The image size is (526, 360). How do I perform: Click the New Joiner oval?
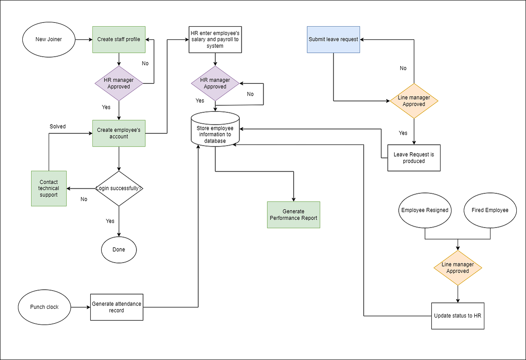tap(49, 39)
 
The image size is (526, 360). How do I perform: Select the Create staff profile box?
tap(119, 39)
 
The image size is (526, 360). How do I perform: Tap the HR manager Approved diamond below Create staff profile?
tap(119, 83)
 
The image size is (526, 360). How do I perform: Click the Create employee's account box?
tap(119, 133)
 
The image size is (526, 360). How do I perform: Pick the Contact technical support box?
tap(49, 189)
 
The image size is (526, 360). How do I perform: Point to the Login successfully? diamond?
tap(119, 189)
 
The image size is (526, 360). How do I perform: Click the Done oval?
tap(119, 250)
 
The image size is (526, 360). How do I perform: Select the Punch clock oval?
tap(44, 307)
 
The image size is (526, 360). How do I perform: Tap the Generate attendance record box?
tap(117, 307)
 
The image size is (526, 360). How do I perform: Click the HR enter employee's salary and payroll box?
tap(215, 39)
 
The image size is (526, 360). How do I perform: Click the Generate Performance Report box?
tap(294, 215)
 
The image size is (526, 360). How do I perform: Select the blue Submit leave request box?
tap(333, 39)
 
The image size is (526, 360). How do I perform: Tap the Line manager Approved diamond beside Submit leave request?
tap(414, 101)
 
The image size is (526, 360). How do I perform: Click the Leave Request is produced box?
tap(414, 158)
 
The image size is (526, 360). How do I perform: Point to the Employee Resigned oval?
tap(425, 210)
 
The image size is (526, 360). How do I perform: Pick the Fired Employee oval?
tap(490, 210)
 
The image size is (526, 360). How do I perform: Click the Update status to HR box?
tap(458, 316)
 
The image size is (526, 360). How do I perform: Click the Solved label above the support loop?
tap(57, 126)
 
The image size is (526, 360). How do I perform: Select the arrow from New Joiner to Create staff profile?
tap(83, 39)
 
